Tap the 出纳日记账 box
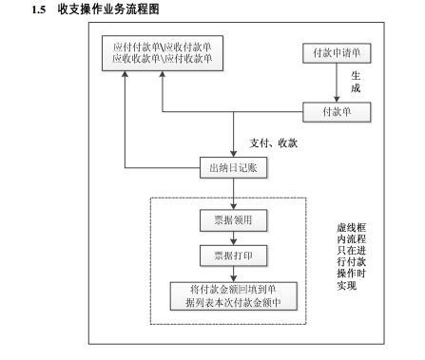[x=233, y=167]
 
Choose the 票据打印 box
[x=233, y=256]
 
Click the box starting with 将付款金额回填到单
[x=233, y=296]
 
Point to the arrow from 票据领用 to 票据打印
[x=233, y=238]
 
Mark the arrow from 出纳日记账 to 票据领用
[x=233, y=194]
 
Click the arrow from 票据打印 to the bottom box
[x=233, y=275]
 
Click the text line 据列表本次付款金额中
[x=233, y=303]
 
